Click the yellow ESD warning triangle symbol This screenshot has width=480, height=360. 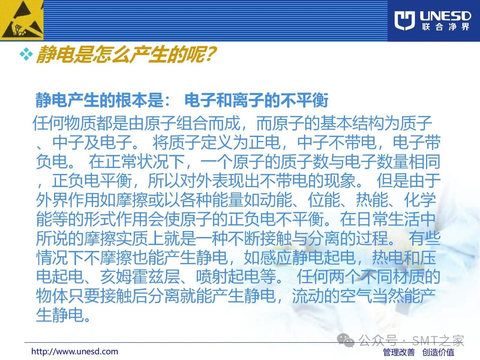[21, 20]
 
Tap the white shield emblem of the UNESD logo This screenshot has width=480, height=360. [405, 21]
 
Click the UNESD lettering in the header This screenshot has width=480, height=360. [445, 16]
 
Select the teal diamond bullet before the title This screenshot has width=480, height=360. [26, 54]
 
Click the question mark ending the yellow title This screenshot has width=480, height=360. [210, 54]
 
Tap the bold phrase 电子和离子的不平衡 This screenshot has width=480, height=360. [256, 100]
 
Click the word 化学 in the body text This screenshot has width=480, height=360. [420, 200]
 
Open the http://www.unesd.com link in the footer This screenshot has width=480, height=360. [75, 351]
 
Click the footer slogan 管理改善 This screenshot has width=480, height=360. [399, 352]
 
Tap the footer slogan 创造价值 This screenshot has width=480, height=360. [438, 352]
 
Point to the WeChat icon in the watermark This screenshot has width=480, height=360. [346, 340]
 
